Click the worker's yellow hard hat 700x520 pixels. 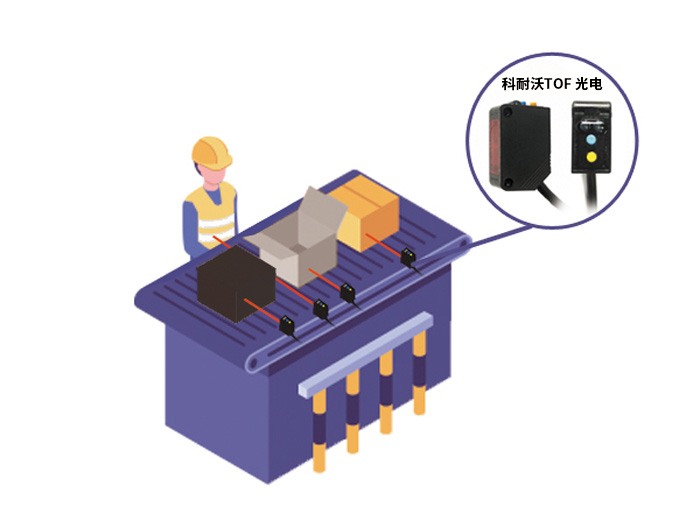[x=212, y=153]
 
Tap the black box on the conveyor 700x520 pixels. [x=236, y=283]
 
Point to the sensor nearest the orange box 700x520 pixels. [x=408, y=258]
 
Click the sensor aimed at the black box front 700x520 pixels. [x=287, y=324]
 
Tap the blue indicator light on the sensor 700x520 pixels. [x=591, y=140]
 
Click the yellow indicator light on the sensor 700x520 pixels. [x=591, y=157]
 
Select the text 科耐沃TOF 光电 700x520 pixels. [x=552, y=84]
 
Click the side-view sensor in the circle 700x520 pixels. [x=519, y=146]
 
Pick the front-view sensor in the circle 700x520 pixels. [x=591, y=137]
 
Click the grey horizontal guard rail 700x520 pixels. [x=366, y=354]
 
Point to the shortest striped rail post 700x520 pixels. [x=419, y=374]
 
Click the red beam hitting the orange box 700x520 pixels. [x=383, y=245]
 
